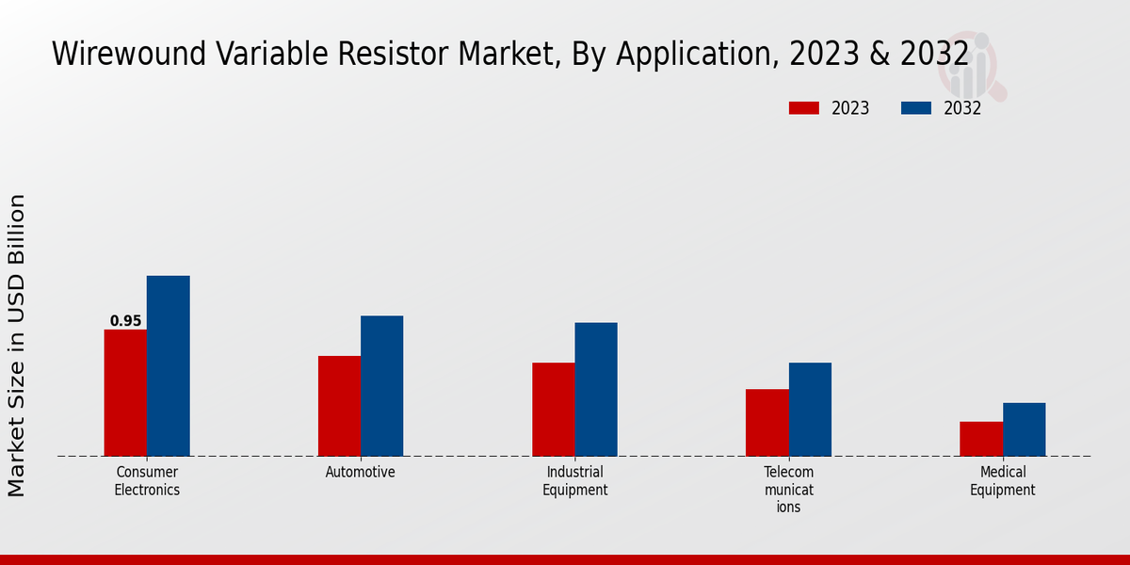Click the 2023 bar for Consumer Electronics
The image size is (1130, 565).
125,393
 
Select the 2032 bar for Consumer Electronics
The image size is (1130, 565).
168,366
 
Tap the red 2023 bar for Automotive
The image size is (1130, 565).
339,406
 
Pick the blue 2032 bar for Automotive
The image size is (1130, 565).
381,386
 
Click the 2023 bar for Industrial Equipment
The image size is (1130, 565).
553,410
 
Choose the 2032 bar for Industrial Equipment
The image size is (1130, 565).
596,390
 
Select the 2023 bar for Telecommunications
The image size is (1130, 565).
767,423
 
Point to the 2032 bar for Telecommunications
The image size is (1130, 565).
810,410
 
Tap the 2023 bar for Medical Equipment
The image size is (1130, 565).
981,439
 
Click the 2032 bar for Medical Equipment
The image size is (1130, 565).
1024,429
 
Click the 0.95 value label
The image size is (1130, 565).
125,321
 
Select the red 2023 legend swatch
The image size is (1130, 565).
803,108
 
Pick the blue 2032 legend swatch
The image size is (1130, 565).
915,108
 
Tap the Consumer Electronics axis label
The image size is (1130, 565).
147,480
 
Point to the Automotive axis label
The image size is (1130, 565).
361,472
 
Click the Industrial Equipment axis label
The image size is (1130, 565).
574,480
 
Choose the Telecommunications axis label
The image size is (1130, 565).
788,489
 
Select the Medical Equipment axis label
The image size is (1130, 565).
1002,480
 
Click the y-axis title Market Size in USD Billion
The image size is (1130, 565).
17,345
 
